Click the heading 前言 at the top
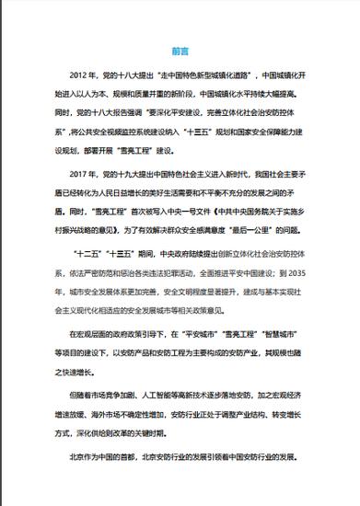pos(180,52)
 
